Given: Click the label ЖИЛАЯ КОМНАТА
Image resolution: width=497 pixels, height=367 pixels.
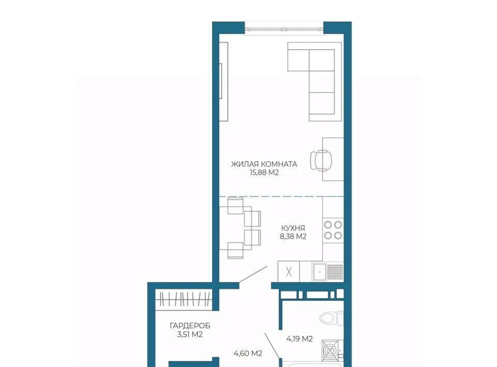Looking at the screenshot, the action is pyautogui.click(x=264, y=164).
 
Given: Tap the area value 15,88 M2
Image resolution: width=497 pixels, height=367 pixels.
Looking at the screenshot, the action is pyautogui.click(x=264, y=173).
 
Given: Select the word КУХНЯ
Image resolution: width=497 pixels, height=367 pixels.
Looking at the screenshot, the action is pyautogui.click(x=293, y=228).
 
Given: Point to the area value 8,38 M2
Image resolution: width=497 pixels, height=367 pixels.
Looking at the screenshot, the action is pyautogui.click(x=293, y=236).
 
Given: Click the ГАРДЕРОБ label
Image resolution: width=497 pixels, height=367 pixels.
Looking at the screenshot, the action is pyautogui.click(x=190, y=326).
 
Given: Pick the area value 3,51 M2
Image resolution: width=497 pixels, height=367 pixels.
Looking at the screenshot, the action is pyautogui.click(x=190, y=334).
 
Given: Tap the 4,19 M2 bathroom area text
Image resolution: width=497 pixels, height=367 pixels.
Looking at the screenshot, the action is pyautogui.click(x=300, y=339).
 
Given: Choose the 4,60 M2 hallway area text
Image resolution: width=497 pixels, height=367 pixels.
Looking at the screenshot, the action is pyautogui.click(x=248, y=353).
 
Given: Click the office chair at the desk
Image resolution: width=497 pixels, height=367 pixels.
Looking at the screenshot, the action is pyautogui.click(x=321, y=160).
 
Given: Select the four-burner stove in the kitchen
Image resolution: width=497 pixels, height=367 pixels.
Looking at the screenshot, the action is pyautogui.click(x=333, y=230).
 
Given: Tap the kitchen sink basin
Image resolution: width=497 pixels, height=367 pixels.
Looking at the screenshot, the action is pyautogui.click(x=319, y=272).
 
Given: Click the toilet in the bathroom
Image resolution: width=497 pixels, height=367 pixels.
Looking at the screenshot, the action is pyautogui.click(x=331, y=318).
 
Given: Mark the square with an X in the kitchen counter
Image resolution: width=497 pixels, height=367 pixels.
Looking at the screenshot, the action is pyautogui.click(x=288, y=272).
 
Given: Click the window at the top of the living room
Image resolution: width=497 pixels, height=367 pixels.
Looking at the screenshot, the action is pyautogui.click(x=284, y=29).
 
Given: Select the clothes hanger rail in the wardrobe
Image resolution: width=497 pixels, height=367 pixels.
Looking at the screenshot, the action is pyautogui.click(x=185, y=299).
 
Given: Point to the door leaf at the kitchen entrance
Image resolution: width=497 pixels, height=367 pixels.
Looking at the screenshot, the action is pyautogui.click(x=253, y=274).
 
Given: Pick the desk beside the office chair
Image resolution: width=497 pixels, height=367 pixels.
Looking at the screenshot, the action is pyautogui.click(x=333, y=159).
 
